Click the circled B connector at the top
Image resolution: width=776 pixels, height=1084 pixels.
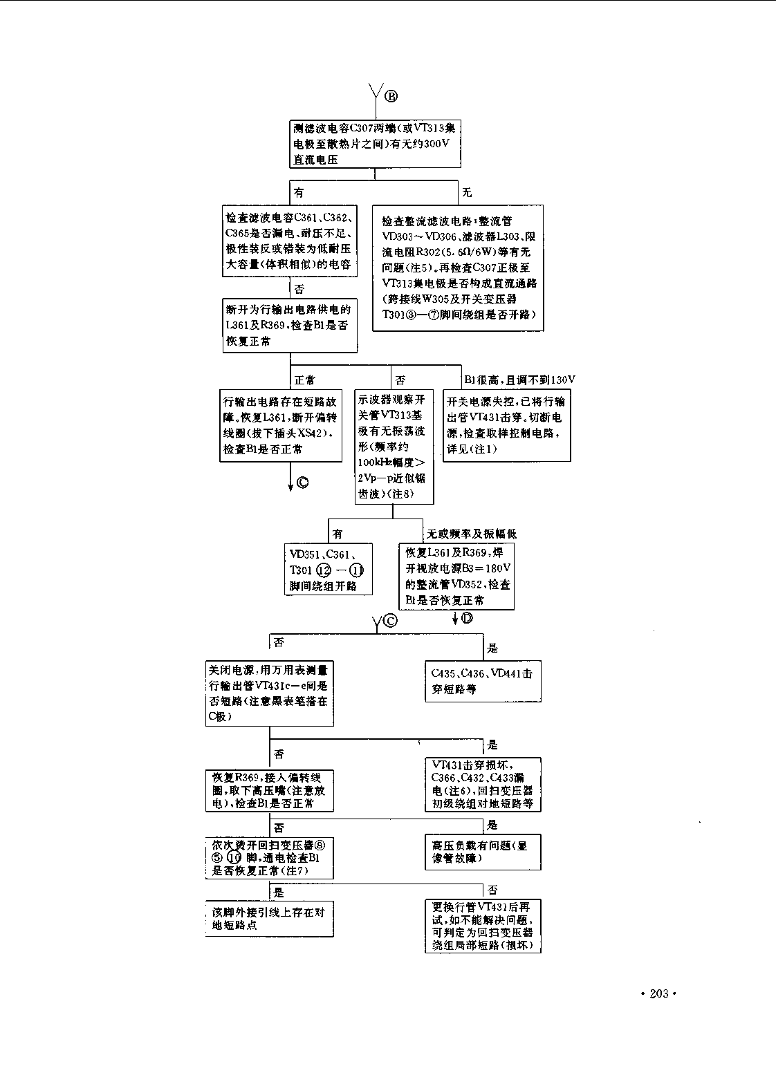391,96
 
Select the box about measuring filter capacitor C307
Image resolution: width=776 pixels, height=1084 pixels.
375,144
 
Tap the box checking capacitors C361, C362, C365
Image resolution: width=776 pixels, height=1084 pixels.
290,241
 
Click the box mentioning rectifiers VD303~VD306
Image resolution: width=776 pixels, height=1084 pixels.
458,268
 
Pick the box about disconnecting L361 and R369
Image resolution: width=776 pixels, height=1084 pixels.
290,325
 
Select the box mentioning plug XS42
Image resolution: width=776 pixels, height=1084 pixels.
281,425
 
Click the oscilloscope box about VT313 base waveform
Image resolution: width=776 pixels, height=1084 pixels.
394,447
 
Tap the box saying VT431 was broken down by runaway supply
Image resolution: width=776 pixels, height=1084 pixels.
506,425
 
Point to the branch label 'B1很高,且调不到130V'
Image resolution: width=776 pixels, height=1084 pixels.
519,380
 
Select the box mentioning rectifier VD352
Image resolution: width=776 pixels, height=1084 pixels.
457,576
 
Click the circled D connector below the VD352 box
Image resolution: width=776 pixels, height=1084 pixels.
467,618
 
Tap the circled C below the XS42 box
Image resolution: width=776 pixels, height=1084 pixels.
302,483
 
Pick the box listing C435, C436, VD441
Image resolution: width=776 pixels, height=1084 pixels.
482,681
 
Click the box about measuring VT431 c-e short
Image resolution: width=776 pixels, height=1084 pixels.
269,693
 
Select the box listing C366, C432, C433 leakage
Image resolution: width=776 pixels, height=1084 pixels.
483,784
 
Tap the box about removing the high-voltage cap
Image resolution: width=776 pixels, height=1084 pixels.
269,790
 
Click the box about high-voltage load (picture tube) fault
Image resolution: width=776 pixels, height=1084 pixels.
483,852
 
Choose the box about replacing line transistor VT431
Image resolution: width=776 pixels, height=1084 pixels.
483,926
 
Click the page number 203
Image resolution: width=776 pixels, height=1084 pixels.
658,993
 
